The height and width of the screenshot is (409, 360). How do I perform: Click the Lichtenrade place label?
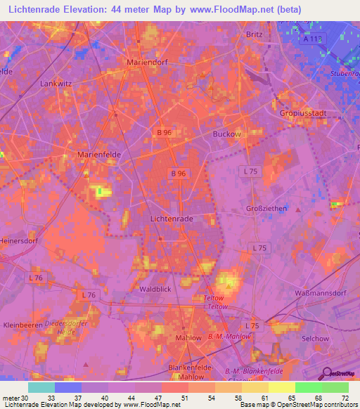coord(172,219)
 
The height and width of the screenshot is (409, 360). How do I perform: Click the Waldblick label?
coord(154,289)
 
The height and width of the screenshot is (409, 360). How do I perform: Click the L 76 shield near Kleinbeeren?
coord(88,294)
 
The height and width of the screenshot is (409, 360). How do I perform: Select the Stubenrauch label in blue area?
coord(345,72)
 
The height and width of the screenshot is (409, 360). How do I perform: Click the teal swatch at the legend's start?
coord(41,387)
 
